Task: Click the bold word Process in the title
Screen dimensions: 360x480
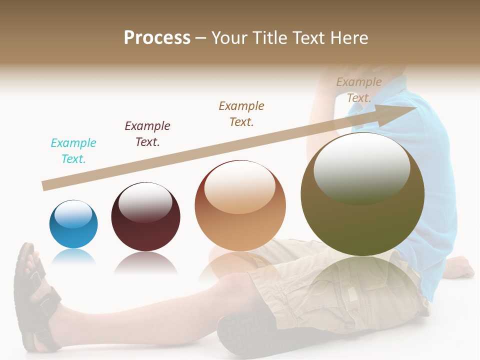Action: pyautogui.click(x=157, y=38)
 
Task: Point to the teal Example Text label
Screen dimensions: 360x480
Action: pyautogui.click(x=73, y=150)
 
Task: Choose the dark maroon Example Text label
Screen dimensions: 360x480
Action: pyautogui.click(x=147, y=133)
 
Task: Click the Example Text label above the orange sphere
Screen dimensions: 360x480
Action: pyautogui.click(x=241, y=113)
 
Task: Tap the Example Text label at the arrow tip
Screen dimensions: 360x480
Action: pyautogui.click(x=359, y=90)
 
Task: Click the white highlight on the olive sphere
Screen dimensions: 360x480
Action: pyautogui.click(x=361, y=167)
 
